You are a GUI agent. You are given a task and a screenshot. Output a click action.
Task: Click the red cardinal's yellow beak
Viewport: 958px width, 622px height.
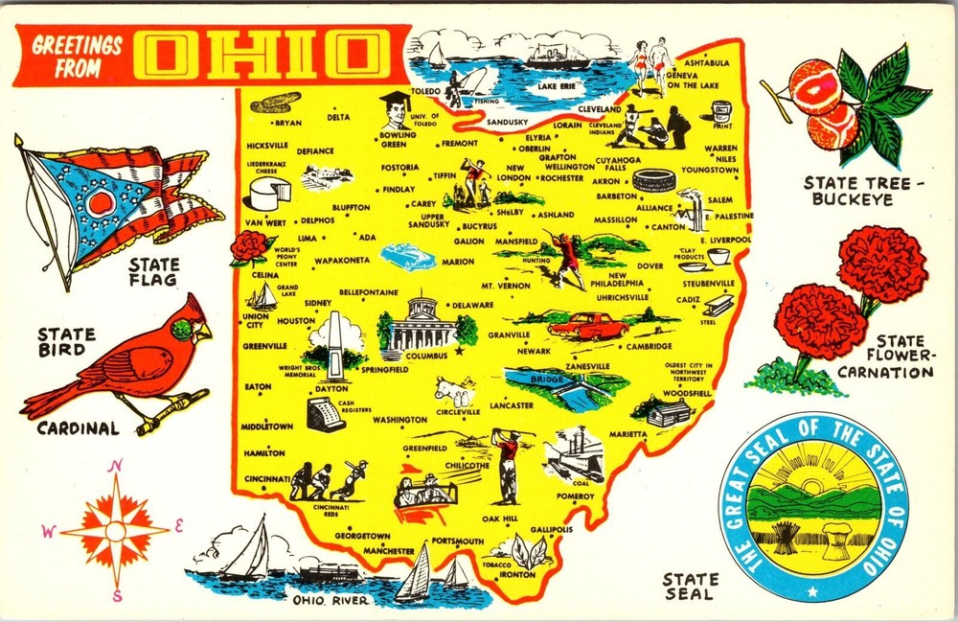coord(204,331)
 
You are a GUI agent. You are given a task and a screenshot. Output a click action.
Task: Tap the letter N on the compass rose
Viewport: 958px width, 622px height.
coord(117,467)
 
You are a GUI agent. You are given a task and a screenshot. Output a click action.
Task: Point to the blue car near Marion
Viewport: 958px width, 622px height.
coord(407,257)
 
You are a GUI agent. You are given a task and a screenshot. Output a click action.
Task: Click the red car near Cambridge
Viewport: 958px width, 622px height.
coord(587,326)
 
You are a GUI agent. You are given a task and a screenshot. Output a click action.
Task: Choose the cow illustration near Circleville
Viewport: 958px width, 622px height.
coord(453,392)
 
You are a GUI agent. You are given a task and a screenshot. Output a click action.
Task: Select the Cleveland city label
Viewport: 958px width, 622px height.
coord(600,109)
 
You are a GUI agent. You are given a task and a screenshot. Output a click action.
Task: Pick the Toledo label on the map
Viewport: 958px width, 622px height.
coord(424,92)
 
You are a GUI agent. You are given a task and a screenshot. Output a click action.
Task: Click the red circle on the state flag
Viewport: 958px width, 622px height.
coord(100,203)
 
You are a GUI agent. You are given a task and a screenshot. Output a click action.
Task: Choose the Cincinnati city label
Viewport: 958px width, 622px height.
coord(267,478)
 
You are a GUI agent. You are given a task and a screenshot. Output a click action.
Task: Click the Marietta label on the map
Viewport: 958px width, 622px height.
coord(627,433)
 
